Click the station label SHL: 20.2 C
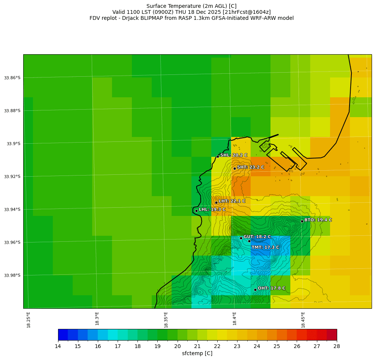234,155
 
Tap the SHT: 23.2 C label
251,167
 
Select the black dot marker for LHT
216,202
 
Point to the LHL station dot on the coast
196,211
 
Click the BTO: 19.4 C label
318,220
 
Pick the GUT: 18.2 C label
257,237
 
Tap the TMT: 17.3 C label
265,247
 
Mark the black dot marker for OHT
255,290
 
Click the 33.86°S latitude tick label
12,78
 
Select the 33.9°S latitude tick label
13,144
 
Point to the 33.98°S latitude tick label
12,275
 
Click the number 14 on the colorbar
58,346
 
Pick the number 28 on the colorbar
337,346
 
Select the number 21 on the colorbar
197,346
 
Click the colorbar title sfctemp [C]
197,353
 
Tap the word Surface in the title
157,6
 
